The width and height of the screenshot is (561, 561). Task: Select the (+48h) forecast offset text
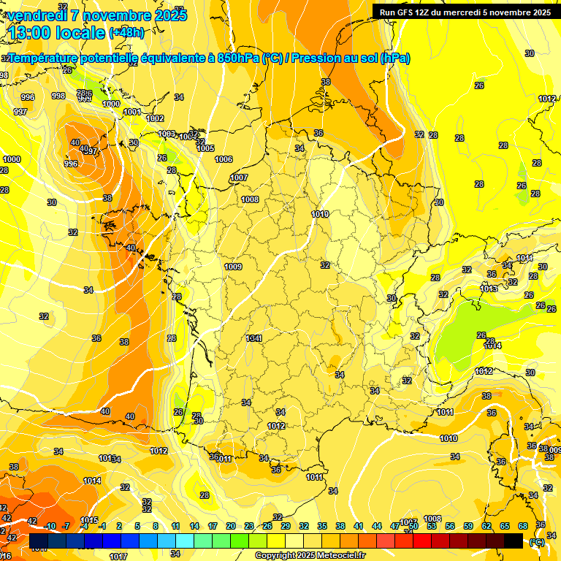click(126, 33)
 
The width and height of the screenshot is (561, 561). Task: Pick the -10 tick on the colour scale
click(50, 526)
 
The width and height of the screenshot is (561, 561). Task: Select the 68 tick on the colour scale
click(523, 526)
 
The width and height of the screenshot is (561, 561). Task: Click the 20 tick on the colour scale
click(231, 526)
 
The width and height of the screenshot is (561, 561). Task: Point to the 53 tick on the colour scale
click(432, 526)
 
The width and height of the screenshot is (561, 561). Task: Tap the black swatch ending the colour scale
click(514, 541)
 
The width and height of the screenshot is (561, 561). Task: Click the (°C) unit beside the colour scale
click(537, 541)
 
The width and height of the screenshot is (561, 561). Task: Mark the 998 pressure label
click(58, 96)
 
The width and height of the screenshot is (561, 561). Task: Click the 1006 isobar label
click(224, 159)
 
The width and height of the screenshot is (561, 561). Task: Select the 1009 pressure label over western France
click(233, 267)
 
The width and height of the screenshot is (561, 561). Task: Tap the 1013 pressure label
click(489, 289)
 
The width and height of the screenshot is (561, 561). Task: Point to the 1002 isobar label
click(155, 118)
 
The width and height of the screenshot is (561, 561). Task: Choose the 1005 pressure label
click(205, 148)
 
